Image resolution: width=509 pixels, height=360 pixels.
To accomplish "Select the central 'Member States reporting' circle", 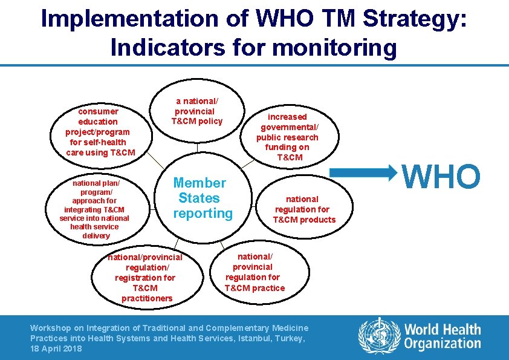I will coord(202,198).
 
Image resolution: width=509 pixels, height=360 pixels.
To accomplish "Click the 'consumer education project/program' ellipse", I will coord(100,132).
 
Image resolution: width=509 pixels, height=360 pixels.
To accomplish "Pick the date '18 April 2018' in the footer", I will coord(56,349).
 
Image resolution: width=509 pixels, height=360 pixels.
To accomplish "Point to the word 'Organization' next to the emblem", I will coord(443,344).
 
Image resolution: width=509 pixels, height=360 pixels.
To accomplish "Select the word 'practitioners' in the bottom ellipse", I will coord(147,298).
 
